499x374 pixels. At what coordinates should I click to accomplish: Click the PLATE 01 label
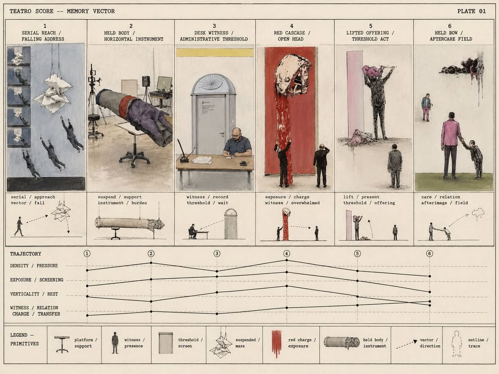tap(471, 11)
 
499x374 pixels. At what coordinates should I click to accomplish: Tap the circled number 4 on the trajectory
tap(287, 253)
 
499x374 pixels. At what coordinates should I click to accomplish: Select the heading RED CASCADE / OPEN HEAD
tap(292, 36)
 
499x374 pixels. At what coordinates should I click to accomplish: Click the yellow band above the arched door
tap(214, 53)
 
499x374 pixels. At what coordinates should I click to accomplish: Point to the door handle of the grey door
tap(222, 133)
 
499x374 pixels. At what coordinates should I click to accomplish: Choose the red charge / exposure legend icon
tap(277, 343)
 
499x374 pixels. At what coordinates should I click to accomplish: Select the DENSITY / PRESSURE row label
tap(34, 265)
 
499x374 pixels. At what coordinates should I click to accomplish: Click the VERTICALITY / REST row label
tap(34, 294)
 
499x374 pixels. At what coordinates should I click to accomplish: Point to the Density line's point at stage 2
tap(151, 263)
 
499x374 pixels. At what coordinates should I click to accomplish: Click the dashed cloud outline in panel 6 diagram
tap(478, 213)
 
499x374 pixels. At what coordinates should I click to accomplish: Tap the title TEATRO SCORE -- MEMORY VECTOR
tap(62, 11)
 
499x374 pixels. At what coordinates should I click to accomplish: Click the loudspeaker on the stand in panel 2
tap(146, 81)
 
